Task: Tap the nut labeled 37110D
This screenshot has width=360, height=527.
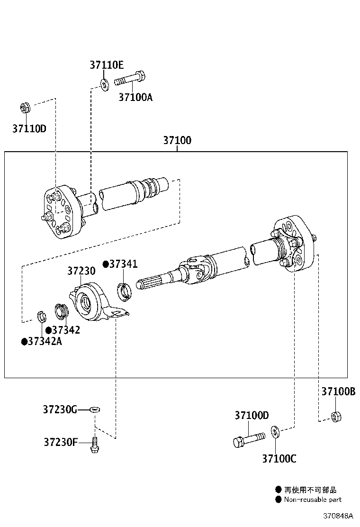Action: tap(26, 108)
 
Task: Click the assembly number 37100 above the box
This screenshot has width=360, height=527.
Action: tap(177, 140)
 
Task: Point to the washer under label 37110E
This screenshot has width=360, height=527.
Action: tap(103, 85)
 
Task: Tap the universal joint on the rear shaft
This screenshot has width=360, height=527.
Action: tap(197, 268)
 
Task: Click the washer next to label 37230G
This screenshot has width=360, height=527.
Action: tap(94, 409)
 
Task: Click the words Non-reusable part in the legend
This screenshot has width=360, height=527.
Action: tap(312, 499)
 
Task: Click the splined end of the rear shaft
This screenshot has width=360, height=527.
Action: tap(149, 283)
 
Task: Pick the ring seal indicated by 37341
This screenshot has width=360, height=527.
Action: tap(124, 291)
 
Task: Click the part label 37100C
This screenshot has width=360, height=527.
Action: tap(279, 458)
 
